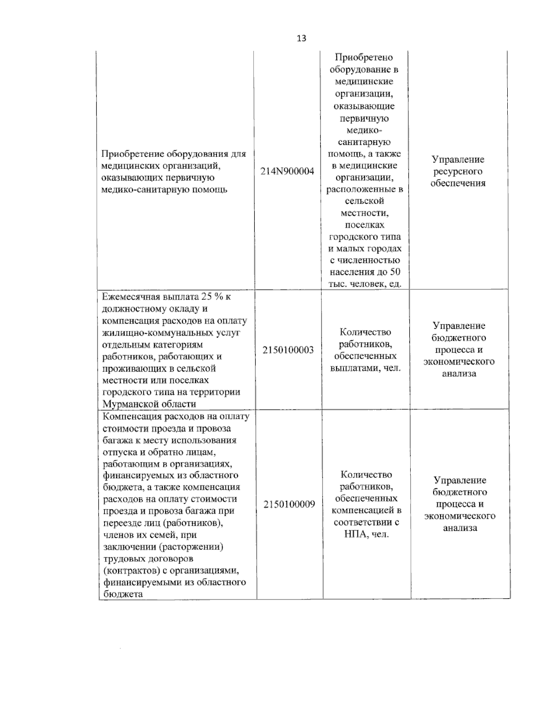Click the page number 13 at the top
pyautogui.click(x=301, y=38)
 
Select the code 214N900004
pyautogui.click(x=287, y=171)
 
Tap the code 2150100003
pyautogui.click(x=288, y=350)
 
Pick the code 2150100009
pyautogui.click(x=289, y=504)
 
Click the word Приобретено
pyautogui.click(x=364, y=57)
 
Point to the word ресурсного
pyautogui.click(x=457, y=171)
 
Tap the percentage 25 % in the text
pyautogui.click(x=211, y=297)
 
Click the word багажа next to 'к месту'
pyautogui.click(x=118, y=440)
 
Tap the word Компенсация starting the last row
pyautogui.click(x=131, y=416)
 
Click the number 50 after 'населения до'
pyautogui.click(x=395, y=272)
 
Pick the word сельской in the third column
pyautogui.click(x=364, y=201)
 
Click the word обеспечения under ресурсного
pyautogui.click(x=457, y=183)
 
